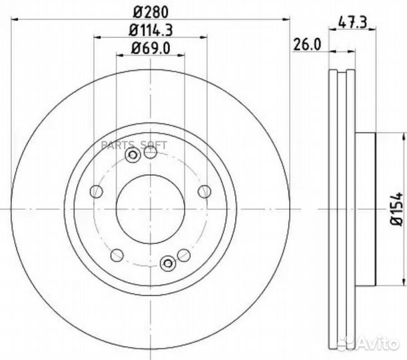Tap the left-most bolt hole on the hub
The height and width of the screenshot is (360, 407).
coord(97,192)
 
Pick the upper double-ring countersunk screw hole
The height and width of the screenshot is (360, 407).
coord(133,156)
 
